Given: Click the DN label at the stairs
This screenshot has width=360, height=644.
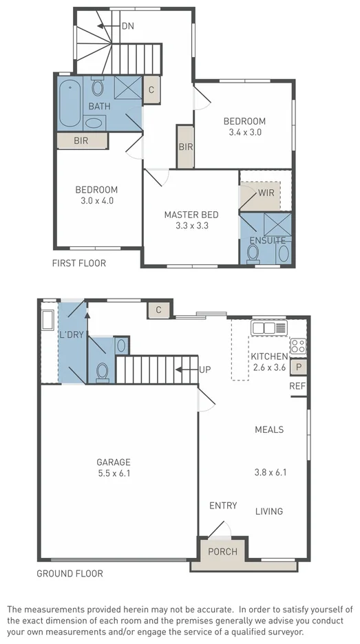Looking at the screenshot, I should pos(127,26).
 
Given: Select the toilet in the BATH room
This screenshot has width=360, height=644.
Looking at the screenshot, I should pos(98,87).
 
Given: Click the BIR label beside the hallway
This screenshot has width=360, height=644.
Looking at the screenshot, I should pos(185,147).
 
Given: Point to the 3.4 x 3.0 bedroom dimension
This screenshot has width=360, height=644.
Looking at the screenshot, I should pos(244,132).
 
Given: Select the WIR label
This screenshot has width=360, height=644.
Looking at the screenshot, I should pos(266,193).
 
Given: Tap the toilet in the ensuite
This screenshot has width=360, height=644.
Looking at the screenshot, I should pos(253,254).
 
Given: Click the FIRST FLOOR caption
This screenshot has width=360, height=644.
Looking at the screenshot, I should pos(79,263).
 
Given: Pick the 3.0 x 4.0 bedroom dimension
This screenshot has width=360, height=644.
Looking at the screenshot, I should pos(96,200).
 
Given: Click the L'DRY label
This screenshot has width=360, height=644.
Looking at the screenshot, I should pos(71,335).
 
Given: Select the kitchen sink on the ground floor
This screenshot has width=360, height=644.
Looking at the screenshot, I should pos(269,328).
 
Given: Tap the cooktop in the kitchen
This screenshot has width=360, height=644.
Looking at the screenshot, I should pos(298,345).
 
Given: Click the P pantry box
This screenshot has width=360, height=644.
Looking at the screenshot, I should pos(299,367).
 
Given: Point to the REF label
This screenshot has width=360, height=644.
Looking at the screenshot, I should pos(297,386).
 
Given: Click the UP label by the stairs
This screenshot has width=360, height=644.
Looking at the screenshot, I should pos(204,369).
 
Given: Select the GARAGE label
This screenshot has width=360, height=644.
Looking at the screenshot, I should pos(114,462).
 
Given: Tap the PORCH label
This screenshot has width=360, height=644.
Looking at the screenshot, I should pos(222,552).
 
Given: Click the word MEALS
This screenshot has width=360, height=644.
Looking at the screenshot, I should pos(269,430).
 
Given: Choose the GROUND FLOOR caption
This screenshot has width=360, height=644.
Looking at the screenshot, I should pos(70,573).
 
